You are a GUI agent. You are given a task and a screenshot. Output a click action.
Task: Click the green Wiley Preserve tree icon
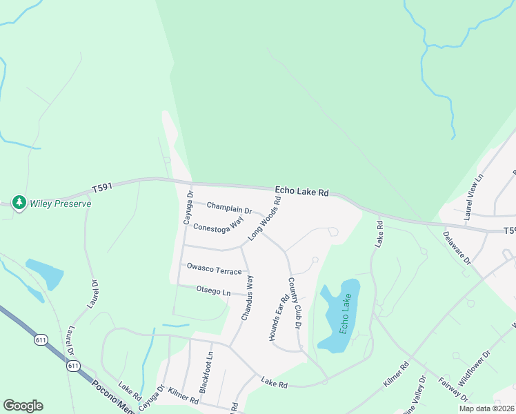19,203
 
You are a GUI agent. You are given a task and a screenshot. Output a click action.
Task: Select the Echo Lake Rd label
301,192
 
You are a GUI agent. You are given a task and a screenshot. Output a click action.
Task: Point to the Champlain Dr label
229,208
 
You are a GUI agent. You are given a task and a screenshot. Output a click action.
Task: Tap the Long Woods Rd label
266,219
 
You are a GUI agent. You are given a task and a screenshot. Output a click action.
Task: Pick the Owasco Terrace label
214,270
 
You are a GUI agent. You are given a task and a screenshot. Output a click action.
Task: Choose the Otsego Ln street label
213,291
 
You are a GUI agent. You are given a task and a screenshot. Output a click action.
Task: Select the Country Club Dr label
295,302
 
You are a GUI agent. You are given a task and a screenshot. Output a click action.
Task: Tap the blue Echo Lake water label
344,314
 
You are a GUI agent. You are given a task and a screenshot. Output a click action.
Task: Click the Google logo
23,406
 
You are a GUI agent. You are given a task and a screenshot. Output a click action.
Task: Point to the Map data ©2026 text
486,408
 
